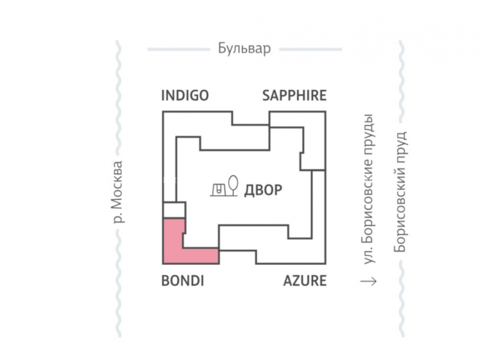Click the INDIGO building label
[185, 95]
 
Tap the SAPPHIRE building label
[294, 95]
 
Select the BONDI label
[182, 280]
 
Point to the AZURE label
[305, 280]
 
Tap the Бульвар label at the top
[244, 48]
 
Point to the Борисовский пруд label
[400, 192]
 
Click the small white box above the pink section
[174, 210]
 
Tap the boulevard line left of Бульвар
[178, 49]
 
